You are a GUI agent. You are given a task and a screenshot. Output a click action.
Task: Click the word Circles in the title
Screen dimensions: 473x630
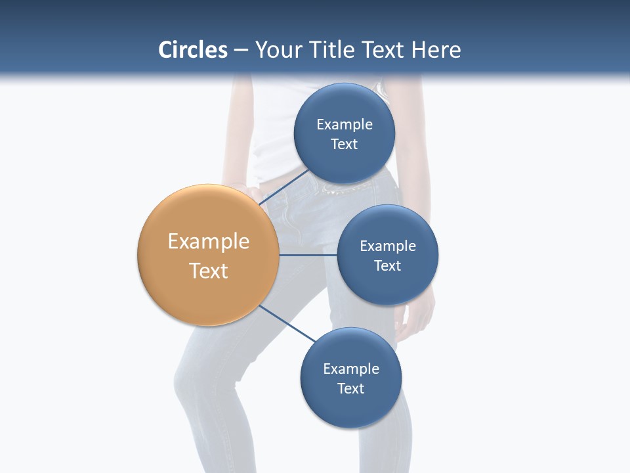(193, 50)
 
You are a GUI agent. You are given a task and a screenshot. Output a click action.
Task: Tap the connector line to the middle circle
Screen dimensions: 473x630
(308, 255)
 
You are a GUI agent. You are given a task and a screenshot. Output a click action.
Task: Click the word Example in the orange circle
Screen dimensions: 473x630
(209, 242)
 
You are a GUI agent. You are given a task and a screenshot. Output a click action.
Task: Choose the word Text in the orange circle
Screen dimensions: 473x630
(209, 271)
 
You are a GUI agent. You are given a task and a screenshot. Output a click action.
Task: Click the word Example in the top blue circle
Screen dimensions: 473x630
(345, 125)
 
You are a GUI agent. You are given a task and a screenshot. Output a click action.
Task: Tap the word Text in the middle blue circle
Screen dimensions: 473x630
(387, 266)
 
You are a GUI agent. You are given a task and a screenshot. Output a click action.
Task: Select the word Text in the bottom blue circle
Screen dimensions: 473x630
(350, 389)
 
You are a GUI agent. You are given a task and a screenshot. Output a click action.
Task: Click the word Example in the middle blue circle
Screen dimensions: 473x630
(388, 246)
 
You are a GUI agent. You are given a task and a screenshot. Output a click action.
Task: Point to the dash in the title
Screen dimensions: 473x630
(241, 50)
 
